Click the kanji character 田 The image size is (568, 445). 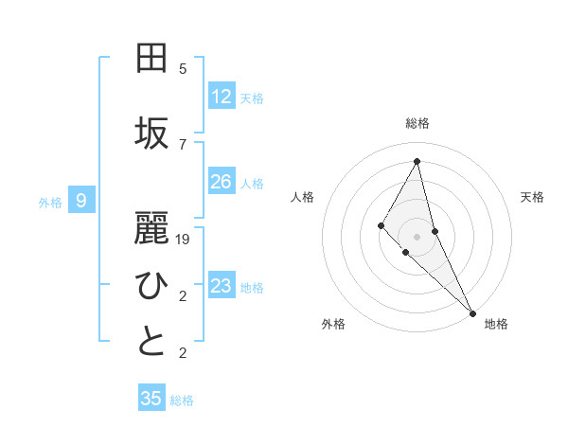[x=151, y=59]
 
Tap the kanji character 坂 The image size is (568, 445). [x=151, y=133]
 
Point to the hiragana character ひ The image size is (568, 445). [x=151, y=284]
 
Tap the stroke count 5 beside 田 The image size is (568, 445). [x=183, y=69]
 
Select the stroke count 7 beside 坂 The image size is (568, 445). [x=183, y=144]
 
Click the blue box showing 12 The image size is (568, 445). [x=221, y=96]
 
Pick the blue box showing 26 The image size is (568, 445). [x=221, y=182]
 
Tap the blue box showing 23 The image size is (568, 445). [x=221, y=286]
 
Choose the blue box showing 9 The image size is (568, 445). [x=81, y=200]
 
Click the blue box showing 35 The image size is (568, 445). [x=151, y=399]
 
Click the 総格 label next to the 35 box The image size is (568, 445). [x=182, y=400]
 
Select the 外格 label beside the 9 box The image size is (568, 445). [x=50, y=202]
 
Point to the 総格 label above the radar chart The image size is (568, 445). [x=417, y=123]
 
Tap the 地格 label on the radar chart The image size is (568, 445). [x=496, y=324]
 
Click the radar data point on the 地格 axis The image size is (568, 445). [x=471, y=312]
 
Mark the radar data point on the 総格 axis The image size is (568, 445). [x=417, y=161]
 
